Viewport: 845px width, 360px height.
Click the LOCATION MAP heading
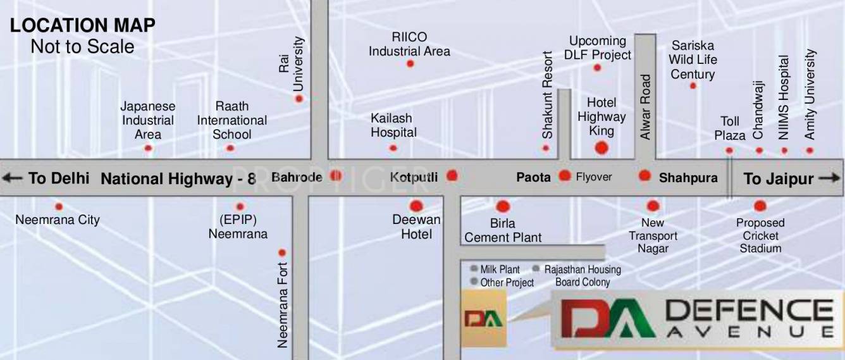click(x=83, y=26)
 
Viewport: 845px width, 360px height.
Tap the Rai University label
click(x=292, y=63)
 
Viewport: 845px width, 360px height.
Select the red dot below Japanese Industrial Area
click(x=148, y=148)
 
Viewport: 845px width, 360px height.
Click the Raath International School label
click(x=231, y=120)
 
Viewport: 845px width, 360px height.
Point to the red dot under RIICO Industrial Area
click(x=410, y=64)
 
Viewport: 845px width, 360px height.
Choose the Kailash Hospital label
click(x=393, y=125)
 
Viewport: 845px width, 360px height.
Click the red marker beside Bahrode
click(x=336, y=177)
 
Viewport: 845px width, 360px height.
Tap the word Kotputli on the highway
click(x=414, y=177)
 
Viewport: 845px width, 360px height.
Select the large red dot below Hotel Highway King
click(x=601, y=148)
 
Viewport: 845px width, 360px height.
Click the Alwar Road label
click(x=645, y=107)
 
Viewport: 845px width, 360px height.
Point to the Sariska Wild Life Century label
click(x=693, y=60)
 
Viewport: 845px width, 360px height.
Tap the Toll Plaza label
click(x=730, y=128)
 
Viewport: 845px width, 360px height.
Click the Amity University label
click(x=810, y=95)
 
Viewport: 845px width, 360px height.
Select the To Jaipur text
click(x=778, y=178)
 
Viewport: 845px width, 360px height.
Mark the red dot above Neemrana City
click(x=59, y=206)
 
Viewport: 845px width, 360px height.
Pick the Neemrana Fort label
click(x=282, y=305)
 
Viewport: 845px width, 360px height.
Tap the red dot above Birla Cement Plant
click(x=503, y=206)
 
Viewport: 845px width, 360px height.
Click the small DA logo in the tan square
click(x=484, y=318)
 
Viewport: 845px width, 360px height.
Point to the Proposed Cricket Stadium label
click(x=760, y=235)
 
